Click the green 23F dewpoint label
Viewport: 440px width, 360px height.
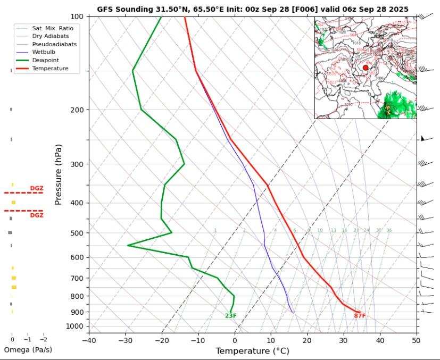(230, 316)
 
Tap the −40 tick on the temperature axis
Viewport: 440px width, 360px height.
(89, 339)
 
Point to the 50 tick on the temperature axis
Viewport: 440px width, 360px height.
(416, 339)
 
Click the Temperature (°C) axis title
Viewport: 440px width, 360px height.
(252, 351)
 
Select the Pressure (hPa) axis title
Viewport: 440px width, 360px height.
(59, 174)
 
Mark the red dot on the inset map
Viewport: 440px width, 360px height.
(366, 68)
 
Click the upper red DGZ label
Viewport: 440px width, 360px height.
(37, 188)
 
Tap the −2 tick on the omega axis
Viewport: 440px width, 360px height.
(43, 339)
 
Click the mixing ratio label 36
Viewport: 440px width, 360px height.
(389, 230)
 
